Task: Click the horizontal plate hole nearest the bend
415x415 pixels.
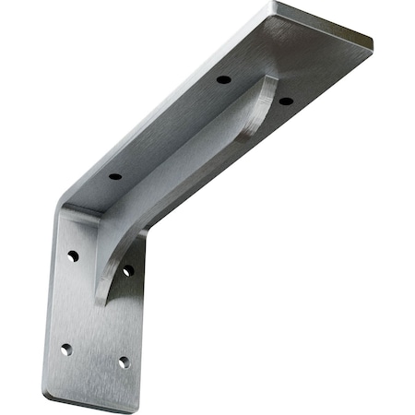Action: click(115, 176)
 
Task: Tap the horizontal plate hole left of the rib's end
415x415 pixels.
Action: click(223, 80)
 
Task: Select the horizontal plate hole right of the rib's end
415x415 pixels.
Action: click(285, 100)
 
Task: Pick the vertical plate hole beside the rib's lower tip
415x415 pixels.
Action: click(127, 271)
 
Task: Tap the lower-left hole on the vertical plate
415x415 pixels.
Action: click(65, 350)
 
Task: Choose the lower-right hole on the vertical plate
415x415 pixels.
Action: click(122, 362)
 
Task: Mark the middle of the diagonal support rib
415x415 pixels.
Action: click(184, 175)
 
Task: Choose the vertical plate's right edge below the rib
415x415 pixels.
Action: click(143, 332)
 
